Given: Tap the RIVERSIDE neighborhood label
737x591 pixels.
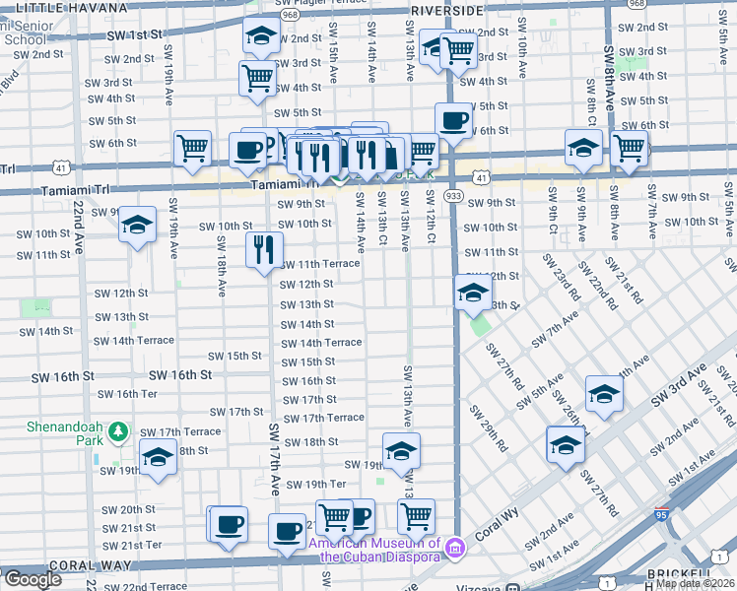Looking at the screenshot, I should tap(446, 10).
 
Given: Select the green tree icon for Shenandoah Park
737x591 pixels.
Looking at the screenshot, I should tap(118, 431).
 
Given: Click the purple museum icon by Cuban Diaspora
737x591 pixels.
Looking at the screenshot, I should tap(453, 547).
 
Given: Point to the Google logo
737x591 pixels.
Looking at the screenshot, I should tap(33, 579).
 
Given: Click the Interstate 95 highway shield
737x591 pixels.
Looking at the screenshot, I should tap(661, 514).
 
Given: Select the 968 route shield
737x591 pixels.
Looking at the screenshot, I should tap(290, 17).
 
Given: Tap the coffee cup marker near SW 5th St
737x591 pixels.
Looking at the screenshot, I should tap(453, 120).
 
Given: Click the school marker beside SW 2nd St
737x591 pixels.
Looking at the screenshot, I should tap(260, 36).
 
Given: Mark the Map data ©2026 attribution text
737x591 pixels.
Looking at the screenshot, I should tap(695, 583).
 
